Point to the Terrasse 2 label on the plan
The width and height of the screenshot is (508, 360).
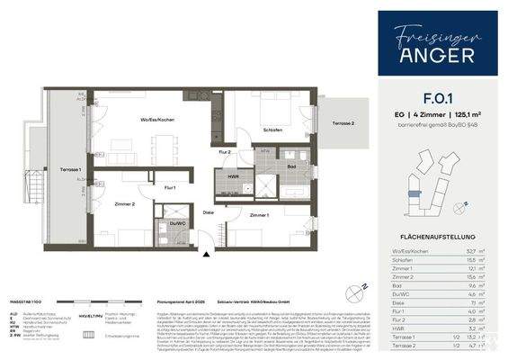343,123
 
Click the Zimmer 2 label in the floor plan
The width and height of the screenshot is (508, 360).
125,205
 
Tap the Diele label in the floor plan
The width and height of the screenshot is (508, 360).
208,212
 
